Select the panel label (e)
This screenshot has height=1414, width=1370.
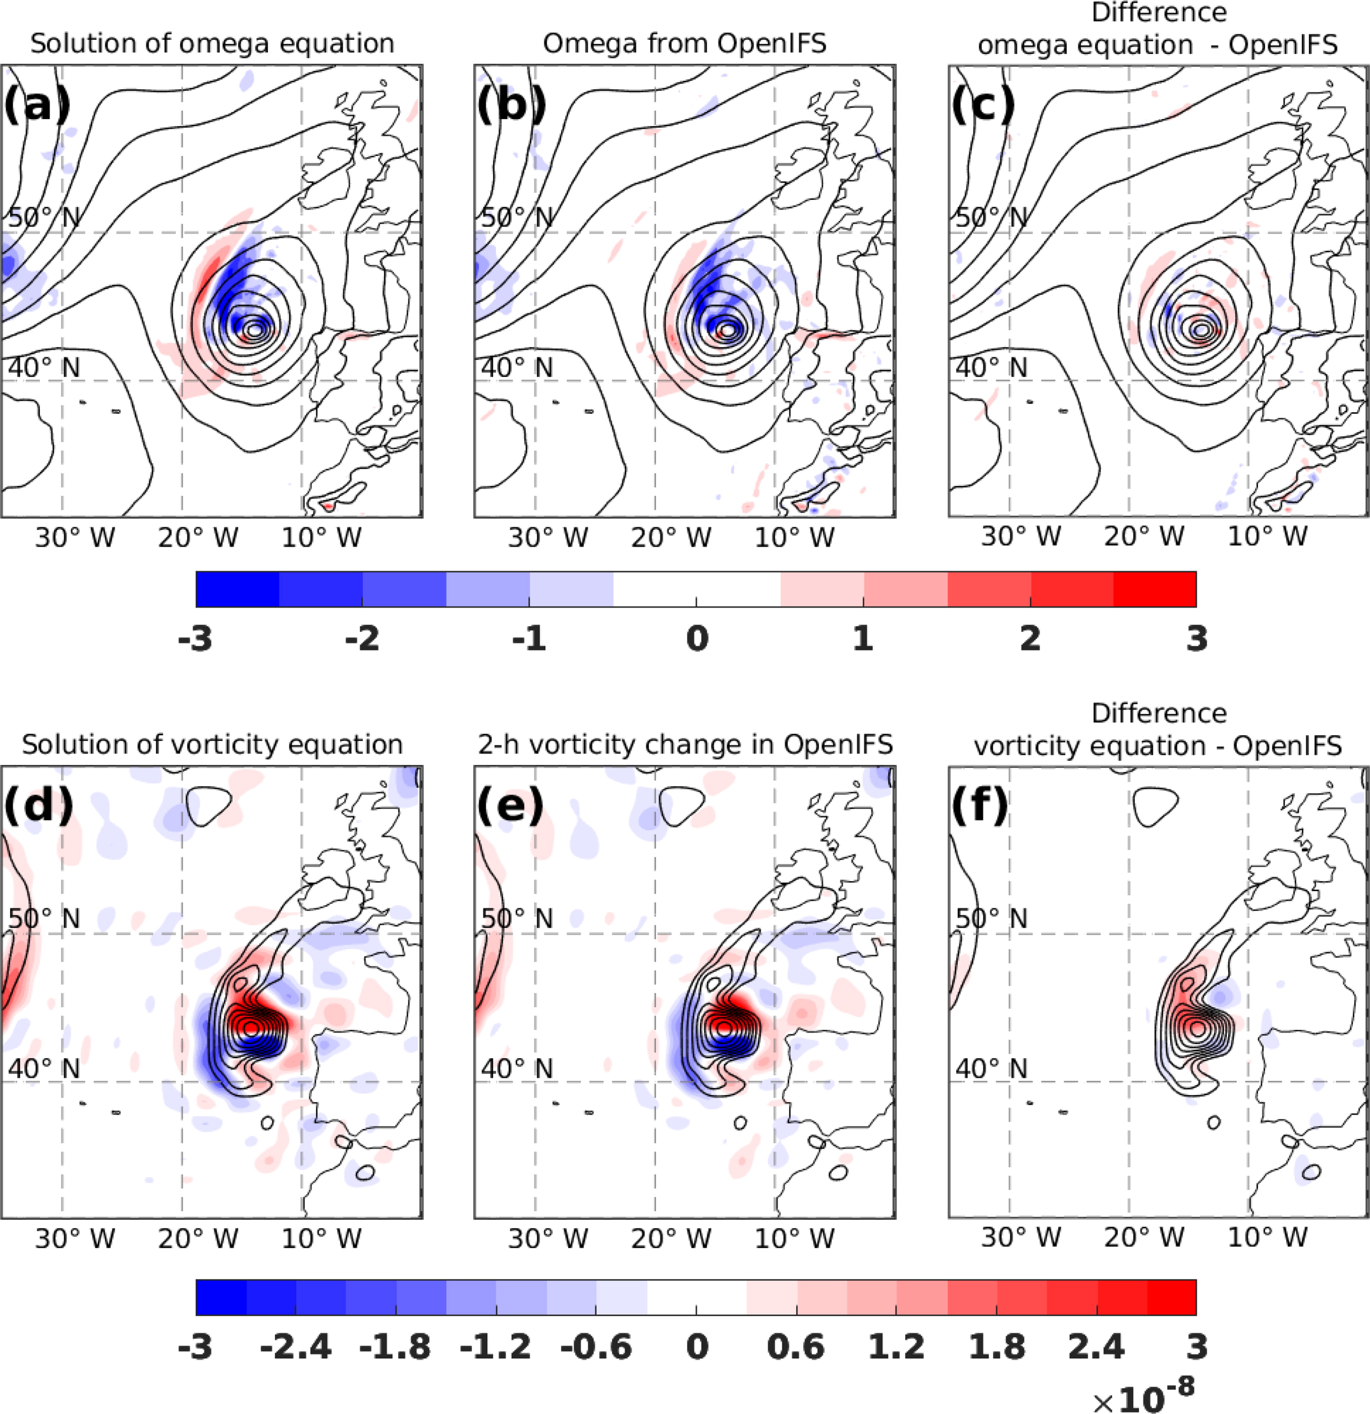(x=510, y=805)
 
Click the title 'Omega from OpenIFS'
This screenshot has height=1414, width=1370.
(x=685, y=43)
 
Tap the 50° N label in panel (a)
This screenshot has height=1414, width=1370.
(x=43, y=216)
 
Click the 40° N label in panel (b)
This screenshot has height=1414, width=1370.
(x=517, y=367)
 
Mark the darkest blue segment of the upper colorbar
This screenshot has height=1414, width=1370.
(x=237, y=589)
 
